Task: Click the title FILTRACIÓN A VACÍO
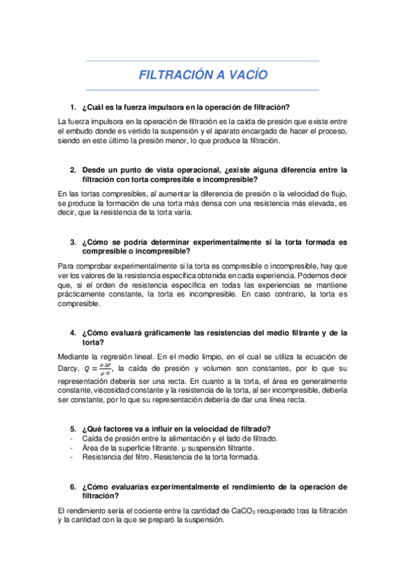[x=203, y=75]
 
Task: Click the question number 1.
[x=73, y=108]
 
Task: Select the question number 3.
[x=73, y=241]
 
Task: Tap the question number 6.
[x=73, y=487]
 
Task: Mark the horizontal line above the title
[x=203, y=62]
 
